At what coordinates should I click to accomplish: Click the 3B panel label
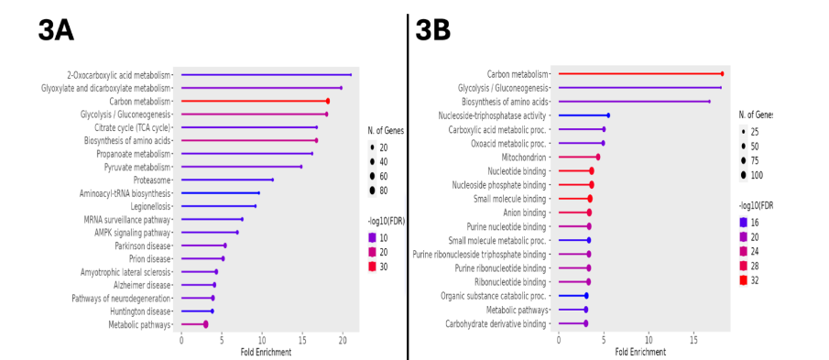[433, 29]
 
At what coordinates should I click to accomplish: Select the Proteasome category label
[149, 180]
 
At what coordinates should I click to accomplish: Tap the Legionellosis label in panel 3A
[146, 206]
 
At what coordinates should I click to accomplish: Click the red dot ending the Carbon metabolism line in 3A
[327, 101]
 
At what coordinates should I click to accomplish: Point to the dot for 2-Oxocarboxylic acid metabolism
[351, 75]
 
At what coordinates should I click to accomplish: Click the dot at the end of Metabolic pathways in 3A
[205, 324]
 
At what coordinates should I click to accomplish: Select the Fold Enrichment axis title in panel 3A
[266, 353]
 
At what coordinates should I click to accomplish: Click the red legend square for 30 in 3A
[372, 267]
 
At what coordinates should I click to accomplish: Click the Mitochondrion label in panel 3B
[525, 157]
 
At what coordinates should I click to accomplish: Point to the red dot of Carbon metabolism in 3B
[722, 74]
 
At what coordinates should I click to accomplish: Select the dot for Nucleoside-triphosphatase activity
[607, 115]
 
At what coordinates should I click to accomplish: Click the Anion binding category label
[524, 213]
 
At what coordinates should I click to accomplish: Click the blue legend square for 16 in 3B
[743, 223]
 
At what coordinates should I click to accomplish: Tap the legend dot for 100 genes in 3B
[743, 174]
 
